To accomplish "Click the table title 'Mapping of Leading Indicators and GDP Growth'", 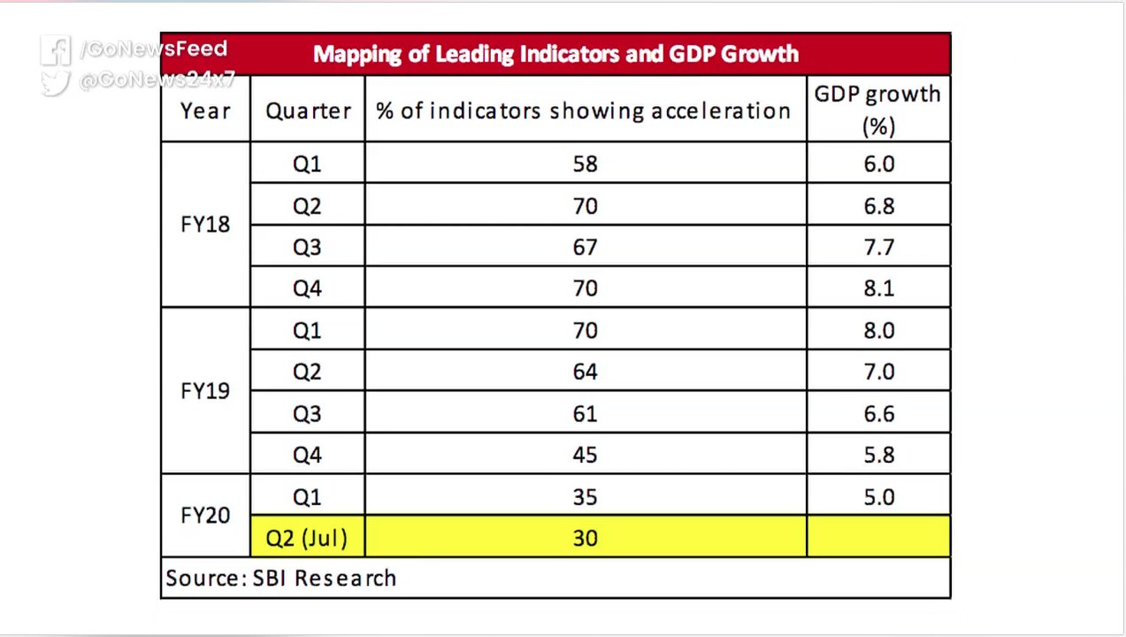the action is coord(555,54).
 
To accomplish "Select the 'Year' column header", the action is coord(205,111).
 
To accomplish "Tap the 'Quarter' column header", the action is coord(308,111).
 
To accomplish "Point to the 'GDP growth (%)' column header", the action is coord(877,110).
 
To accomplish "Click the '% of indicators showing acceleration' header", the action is coord(583,111).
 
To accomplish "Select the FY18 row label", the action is coord(205,224).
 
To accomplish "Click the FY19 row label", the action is coord(205,391).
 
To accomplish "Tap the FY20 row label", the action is coord(205,515).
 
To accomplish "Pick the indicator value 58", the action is coord(586,164).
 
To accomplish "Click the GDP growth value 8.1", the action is coord(879,288).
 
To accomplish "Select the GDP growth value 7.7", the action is coord(879,247).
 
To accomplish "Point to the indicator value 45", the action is coord(586,455).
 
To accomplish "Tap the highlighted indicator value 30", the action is coord(586,538).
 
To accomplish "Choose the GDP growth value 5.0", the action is coord(879,496).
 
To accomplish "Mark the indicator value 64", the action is coord(586,372).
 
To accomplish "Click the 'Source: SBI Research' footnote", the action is coord(281,579).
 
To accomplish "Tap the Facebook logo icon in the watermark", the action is coord(56,50).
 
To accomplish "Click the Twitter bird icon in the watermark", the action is coord(55,82).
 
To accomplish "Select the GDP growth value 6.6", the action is coord(879,414).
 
